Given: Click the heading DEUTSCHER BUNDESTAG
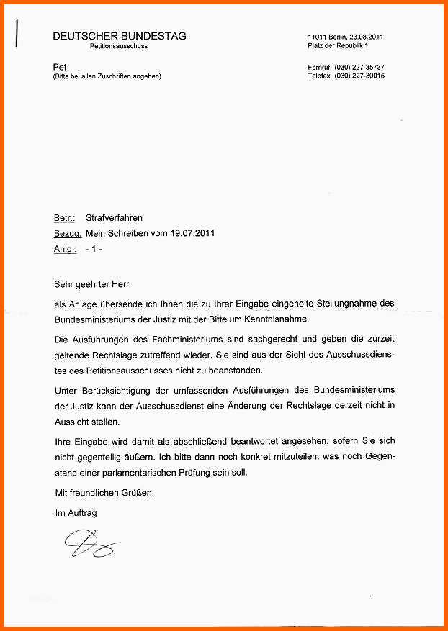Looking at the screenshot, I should [119, 36].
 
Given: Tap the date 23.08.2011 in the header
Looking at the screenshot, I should [367, 37].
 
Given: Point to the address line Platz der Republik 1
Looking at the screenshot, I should [338, 46].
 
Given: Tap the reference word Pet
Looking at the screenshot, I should [59, 67].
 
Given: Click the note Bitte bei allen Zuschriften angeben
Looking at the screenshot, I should [107, 76].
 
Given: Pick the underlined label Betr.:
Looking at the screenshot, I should [64, 218].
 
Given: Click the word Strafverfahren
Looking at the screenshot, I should [114, 218].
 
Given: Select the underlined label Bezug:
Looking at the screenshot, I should [67, 233].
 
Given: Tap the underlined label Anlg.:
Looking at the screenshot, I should [65, 249].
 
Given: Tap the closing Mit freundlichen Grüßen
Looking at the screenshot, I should [103, 493].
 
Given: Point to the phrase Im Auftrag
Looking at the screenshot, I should [76, 513].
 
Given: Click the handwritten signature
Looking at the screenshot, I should [91, 544].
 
